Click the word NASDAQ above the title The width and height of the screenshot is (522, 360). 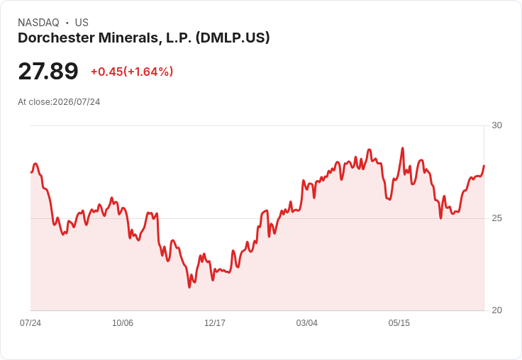pos(38,23)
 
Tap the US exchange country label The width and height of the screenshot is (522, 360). pos(82,23)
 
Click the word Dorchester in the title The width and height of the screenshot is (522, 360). pos(56,38)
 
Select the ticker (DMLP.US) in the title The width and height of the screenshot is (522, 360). pos(233,38)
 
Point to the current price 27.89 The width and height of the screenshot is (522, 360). pos(48,71)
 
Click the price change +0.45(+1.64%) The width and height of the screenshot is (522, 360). pos(132,72)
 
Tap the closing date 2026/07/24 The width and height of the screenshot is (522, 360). pos(76,102)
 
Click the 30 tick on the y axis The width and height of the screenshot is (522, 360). pos(496,125)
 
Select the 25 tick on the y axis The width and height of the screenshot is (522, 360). pos(496,218)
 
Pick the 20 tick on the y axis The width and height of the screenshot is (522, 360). pos(496,310)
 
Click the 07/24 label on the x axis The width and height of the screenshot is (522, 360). pos(30,322)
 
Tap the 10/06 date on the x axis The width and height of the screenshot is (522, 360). pos(123,322)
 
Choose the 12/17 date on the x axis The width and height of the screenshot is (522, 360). pos(215,322)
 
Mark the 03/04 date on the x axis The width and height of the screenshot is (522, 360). pos(307,322)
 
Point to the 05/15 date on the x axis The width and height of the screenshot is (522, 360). pos(399,322)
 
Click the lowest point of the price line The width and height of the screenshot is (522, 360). pos(189,287)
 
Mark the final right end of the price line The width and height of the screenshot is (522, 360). pos(484,165)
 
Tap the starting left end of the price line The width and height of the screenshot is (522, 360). pos(31,172)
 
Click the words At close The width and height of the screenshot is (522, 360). pos(35,102)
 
